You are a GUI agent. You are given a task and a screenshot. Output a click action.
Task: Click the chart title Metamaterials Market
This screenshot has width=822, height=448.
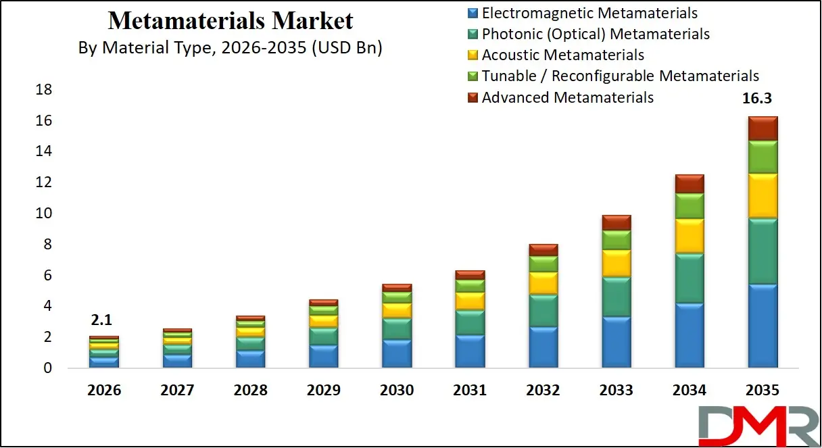(x=231, y=21)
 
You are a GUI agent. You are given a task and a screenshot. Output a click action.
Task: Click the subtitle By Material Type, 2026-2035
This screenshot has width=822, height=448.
(x=231, y=49)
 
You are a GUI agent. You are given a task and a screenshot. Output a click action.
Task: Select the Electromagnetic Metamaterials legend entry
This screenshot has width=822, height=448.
(x=589, y=13)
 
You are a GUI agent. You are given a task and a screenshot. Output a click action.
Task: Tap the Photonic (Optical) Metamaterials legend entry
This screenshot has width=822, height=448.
(x=596, y=34)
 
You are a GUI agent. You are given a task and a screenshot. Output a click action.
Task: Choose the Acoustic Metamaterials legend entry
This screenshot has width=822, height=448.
(x=562, y=55)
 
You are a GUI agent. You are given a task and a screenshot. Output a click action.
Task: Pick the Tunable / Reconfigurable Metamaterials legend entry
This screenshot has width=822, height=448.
(x=620, y=76)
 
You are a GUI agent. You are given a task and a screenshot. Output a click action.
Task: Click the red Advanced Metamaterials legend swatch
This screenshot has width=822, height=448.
(x=473, y=97)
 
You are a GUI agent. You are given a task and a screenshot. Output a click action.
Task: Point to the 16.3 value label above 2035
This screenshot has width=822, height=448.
(x=757, y=99)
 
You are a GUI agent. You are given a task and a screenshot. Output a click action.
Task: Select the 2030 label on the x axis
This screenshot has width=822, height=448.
(x=397, y=391)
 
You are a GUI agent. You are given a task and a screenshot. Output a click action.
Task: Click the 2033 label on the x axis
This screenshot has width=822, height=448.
(x=616, y=391)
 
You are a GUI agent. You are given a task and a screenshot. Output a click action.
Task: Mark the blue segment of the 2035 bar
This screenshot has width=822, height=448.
(x=763, y=326)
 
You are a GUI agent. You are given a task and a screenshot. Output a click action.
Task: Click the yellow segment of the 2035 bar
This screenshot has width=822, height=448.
(x=763, y=196)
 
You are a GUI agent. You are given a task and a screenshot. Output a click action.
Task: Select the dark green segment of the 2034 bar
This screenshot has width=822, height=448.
(x=690, y=278)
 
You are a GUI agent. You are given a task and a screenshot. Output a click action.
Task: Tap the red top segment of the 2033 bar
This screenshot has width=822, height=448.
(x=616, y=222)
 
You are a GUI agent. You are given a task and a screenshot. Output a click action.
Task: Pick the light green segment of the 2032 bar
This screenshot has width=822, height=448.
(x=543, y=264)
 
